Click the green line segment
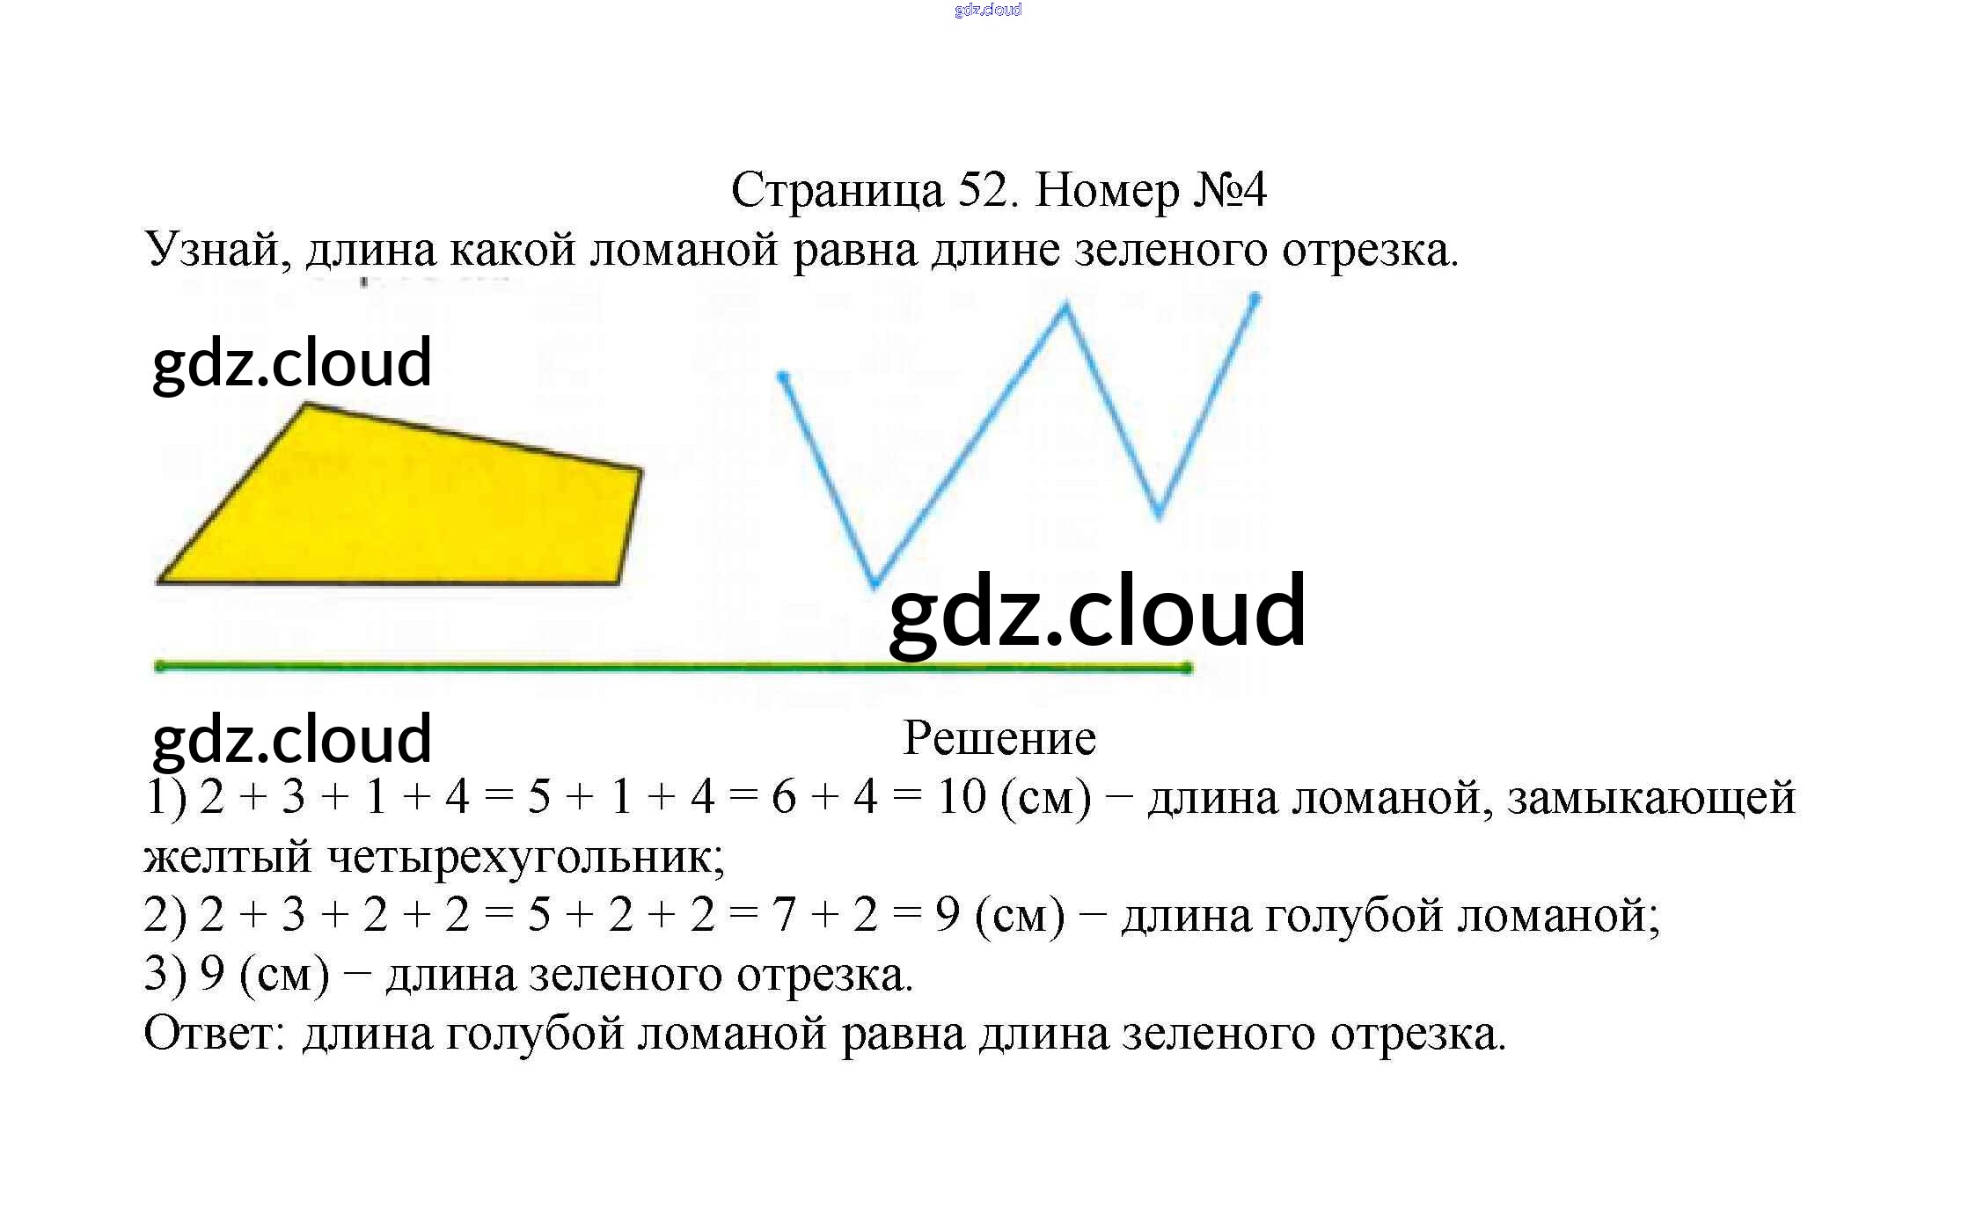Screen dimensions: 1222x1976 pyautogui.click(x=528, y=667)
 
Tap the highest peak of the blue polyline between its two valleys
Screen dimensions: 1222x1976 pyautogui.click(x=1066, y=306)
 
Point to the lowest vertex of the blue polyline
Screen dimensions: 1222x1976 pyautogui.click(x=875, y=584)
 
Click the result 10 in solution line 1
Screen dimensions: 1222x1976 pyautogui.click(x=961, y=797)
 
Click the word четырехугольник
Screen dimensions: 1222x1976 pyautogui.click(x=526, y=856)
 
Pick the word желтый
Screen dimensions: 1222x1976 pyautogui.click(x=228, y=856)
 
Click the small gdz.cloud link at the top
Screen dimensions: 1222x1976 pyautogui.click(x=987, y=10)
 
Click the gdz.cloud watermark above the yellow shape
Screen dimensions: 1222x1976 pyautogui.click(x=292, y=362)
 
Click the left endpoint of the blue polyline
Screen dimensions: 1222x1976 pyautogui.click(x=782, y=377)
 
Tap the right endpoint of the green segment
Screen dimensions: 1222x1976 pyautogui.click(x=1188, y=669)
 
